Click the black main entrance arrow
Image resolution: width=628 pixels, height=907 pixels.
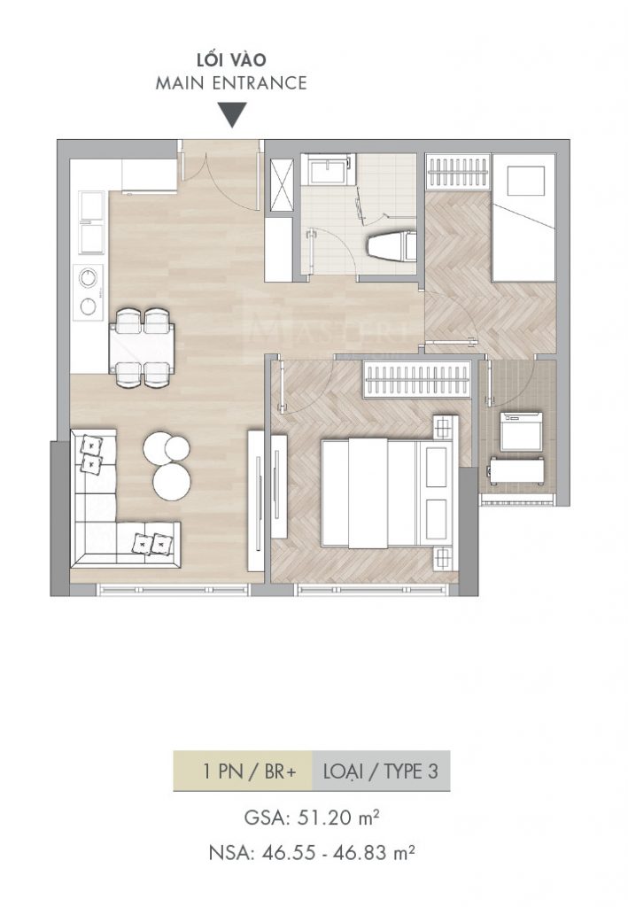(232, 114)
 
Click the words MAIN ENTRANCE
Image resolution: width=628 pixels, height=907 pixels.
(231, 82)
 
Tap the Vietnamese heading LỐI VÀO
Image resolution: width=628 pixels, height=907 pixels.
(231, 60)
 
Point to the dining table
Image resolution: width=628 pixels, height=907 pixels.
(142, 347)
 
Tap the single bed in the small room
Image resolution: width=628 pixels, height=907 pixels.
(524, 218)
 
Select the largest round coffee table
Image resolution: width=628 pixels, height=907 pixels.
(173, 481)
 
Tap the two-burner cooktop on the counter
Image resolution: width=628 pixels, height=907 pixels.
(89, 292)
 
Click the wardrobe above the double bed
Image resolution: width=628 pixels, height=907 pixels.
(416, 379)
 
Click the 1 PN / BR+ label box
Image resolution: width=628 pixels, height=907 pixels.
(243, 771)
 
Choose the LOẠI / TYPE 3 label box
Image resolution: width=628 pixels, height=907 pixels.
(381, 771)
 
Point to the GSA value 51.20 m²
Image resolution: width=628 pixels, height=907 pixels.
(338, 818)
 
